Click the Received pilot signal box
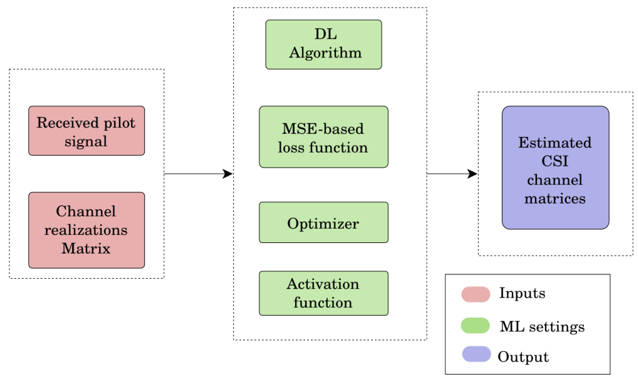tap(86, 130)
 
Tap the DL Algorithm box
tap(323, 44)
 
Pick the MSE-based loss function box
tap(323, 137)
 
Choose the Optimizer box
tap(323, 222)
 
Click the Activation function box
tap(323, 293)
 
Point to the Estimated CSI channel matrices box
tap(555, 167)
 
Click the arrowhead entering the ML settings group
tap(228, 174)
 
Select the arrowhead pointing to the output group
tap(472, 174)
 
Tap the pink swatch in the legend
tap(475, 294)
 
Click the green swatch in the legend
tap(475, 326)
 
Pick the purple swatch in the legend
tap(476, 354)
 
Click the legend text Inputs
tap(522, 293)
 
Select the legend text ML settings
tap(542, 326)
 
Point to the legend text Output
tap(523, 357)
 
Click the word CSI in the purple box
tap(555, 161)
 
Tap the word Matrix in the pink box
tap(86, 248)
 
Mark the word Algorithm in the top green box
tap(325, 53)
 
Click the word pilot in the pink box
tap(119, 123)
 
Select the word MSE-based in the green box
tap(323, 129)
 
